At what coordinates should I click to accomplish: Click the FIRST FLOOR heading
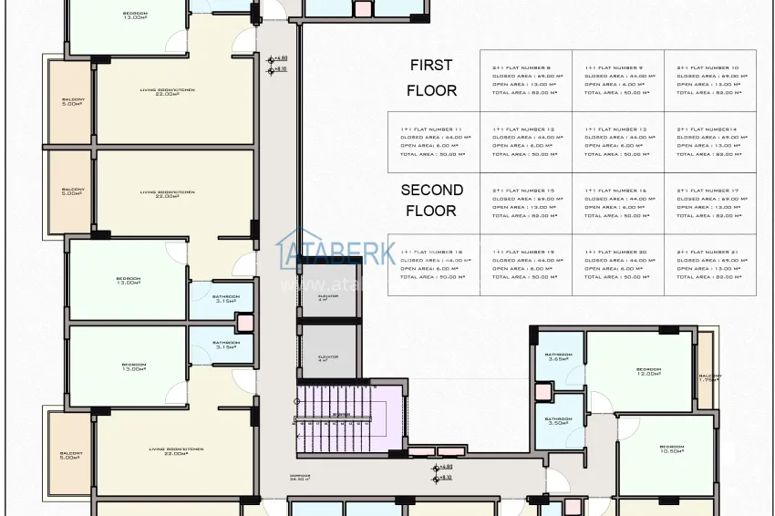click(x=431, y=77)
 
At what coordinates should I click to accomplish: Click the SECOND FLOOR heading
click(x=431, y=200)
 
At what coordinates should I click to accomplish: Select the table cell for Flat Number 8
click(x=527, y=80)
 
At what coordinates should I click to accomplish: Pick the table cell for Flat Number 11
click(x=435, y=142)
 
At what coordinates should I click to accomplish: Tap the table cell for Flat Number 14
click(x=709, y=142)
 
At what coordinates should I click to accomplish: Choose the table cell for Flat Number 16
click(x=618, y=203)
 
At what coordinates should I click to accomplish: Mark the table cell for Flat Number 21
click(x=709, y=264)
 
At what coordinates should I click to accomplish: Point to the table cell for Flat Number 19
click(x=527, y=264)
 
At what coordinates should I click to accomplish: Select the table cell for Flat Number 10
click(x=709, y=80)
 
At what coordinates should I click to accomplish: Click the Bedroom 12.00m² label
click(x=648, y=371)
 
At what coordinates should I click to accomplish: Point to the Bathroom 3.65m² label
click(x=558, y=356)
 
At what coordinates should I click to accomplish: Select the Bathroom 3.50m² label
click(x=558, y=422)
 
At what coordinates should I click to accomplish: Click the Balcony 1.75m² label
click(x=708, y=377)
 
